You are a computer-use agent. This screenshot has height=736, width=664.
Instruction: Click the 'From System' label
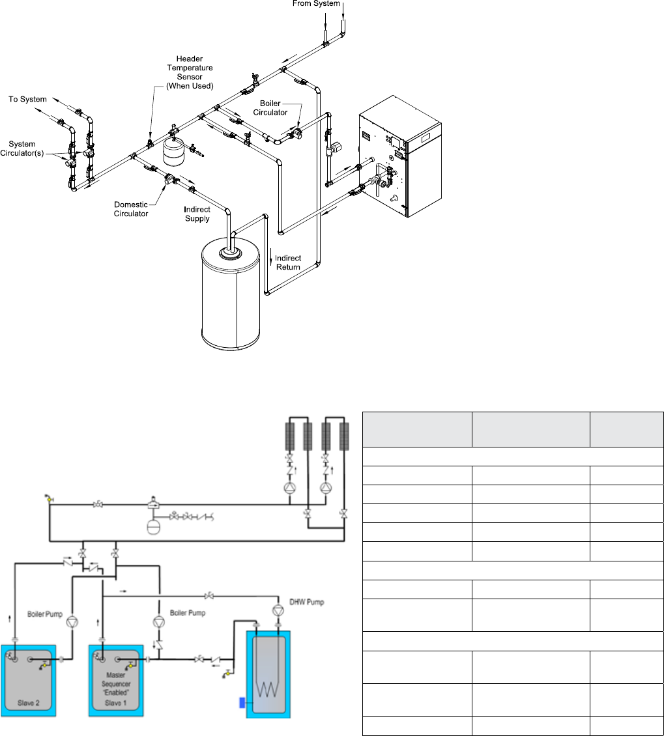coord(316,5)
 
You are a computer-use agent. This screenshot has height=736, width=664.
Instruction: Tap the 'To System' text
coord(27,100)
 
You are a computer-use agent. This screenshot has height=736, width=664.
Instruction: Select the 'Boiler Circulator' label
coord(274,107)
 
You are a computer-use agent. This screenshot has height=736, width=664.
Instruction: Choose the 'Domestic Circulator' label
coord(131,209)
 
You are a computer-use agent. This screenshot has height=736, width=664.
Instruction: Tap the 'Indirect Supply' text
coord(197,214)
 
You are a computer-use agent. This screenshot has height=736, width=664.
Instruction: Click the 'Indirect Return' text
coord(287,262)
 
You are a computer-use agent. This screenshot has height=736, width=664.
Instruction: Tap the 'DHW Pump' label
coord(306,602)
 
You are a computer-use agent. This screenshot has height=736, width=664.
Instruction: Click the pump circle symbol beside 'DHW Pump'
coord(278,610)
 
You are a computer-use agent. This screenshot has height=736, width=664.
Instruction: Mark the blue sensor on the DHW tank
coord(242,702)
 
